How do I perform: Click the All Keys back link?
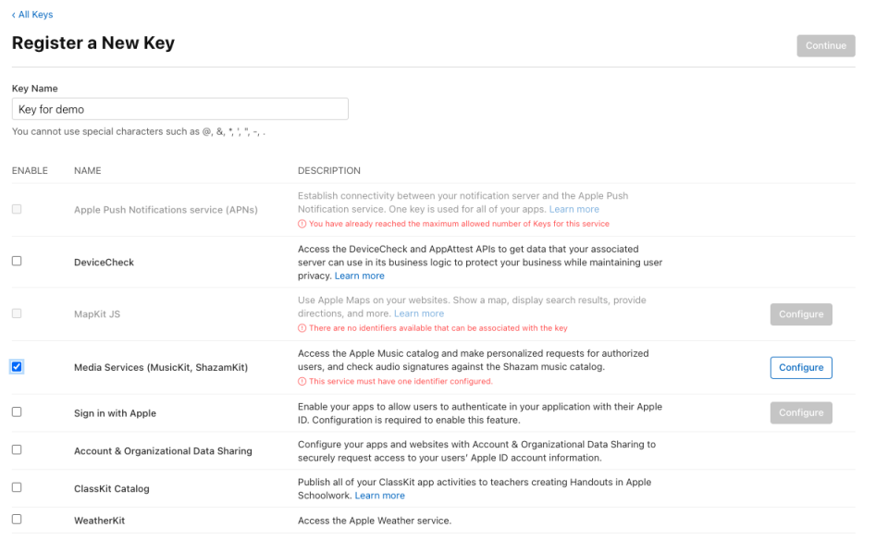(x=33, y=15)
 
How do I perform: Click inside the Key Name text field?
(x=180, y=109)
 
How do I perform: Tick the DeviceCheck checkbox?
(x=17, y=262)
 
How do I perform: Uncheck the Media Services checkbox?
(x=17, y=367)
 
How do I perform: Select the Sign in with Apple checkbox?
(x=17, y=412)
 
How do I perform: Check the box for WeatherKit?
(x=17, y=520)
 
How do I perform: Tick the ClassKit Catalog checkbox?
(x=17, y=487)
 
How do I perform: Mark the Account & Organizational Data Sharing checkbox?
(x=17, y=450)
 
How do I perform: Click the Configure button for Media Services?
(x=800, y=368)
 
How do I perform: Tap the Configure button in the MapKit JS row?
(x=800, y=314)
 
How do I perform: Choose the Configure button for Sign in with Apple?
(x=800, y=412)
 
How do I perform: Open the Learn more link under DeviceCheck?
(x=359, y=276)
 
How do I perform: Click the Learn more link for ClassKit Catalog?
(x=379, y=496)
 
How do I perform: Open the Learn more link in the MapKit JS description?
(x=419, y=313)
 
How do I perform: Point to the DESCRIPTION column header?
(x=328, y=171)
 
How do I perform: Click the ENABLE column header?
(x=30, y=171)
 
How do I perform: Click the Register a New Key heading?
(x=93, y=43)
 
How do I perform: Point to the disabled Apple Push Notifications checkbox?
(x=17, y=209)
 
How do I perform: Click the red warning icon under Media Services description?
(x=302, y=382)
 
